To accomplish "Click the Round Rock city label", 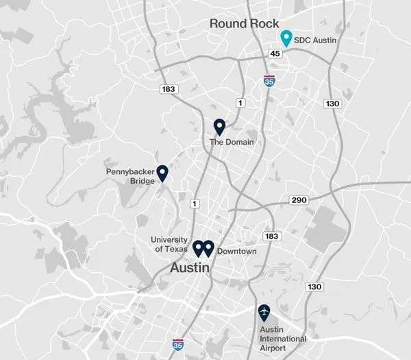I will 245,24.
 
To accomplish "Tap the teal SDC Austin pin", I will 287,38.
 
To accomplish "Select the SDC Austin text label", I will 316,40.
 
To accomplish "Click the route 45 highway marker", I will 275,53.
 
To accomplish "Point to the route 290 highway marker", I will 299,200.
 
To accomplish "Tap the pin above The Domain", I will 219,127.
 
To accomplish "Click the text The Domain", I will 231,142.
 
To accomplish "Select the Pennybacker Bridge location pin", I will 163,173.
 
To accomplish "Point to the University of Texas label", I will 169,244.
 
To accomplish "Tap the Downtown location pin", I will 209,248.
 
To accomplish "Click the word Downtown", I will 236,252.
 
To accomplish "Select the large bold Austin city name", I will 190,269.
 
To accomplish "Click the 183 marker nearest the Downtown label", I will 272,237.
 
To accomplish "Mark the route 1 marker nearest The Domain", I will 240,103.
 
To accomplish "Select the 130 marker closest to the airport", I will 314,286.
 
